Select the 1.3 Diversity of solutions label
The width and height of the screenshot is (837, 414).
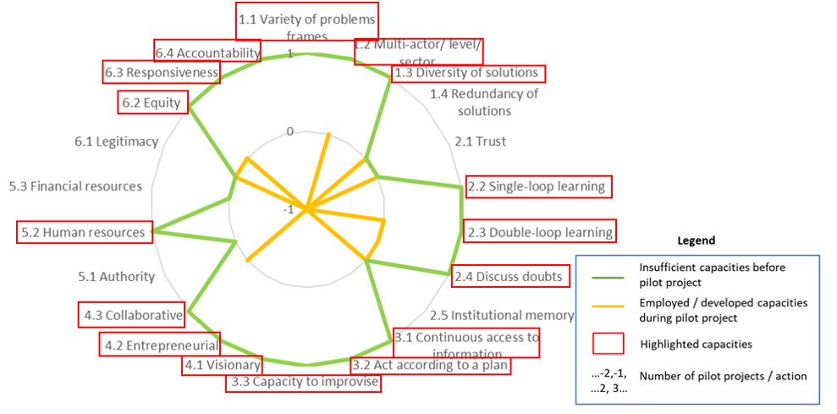pyautogui.click(x=467, y=73)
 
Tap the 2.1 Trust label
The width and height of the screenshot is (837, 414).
pyautogui.click(x=481, y=141)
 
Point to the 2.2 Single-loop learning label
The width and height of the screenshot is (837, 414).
pyautogui.click(x=537, y=186)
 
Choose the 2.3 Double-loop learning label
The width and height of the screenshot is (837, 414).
pyautogui.click(x=539, y=232)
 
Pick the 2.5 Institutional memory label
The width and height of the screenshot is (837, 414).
pyautogui.click(x=502, y=315)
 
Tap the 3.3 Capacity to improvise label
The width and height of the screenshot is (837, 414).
pyautogui.click(x=304, y=383)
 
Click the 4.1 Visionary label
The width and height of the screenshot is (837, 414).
pyautogui.click(x=223, y=366)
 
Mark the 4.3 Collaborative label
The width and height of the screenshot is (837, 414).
pyautogui.click(x=133, y=316)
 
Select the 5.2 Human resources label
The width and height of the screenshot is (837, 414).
pyautogui.click(x=83, y=232)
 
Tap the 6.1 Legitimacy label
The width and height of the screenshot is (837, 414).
pyautogui.click(x=116, y=141)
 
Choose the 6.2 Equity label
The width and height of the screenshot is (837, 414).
pyautogui.click(x=151, y=103)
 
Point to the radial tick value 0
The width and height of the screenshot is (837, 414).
pyautogui.click(x=290, y=132)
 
